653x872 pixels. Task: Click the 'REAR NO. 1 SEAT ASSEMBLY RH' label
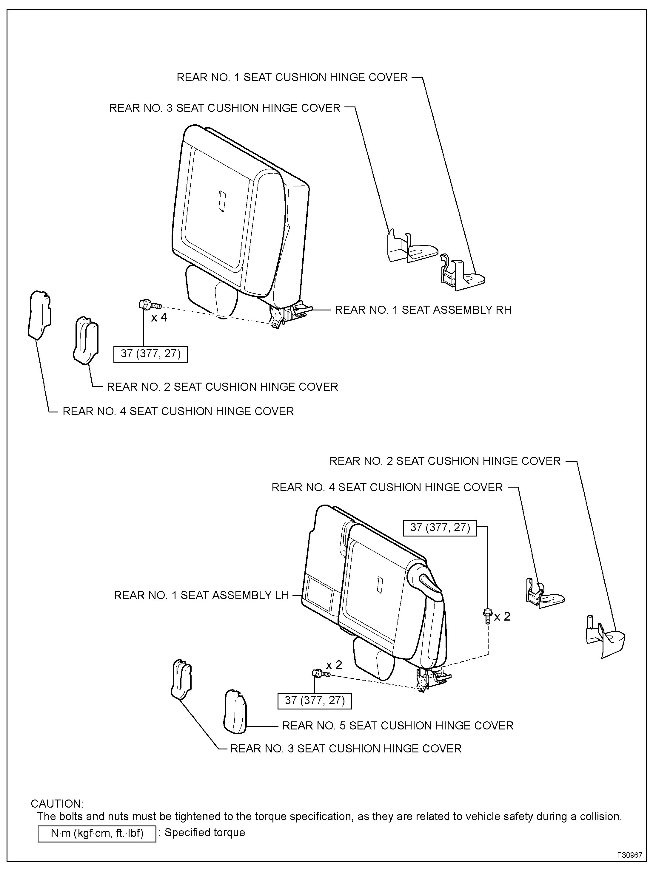pyautogui.click(x=423, y=310)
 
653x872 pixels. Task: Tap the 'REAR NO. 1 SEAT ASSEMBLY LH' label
pyautogui.click(x=201, y=595)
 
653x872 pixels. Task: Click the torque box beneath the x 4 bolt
pyautogui.click(x=150, y=354)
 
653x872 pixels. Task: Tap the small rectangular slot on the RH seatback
pyautogui.click(x=221, y=201)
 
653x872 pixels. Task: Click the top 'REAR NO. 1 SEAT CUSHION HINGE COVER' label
pyautogui.click(x=292, y=77)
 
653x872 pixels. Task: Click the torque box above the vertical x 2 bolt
pyautogui.click(x=440, y=528)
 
